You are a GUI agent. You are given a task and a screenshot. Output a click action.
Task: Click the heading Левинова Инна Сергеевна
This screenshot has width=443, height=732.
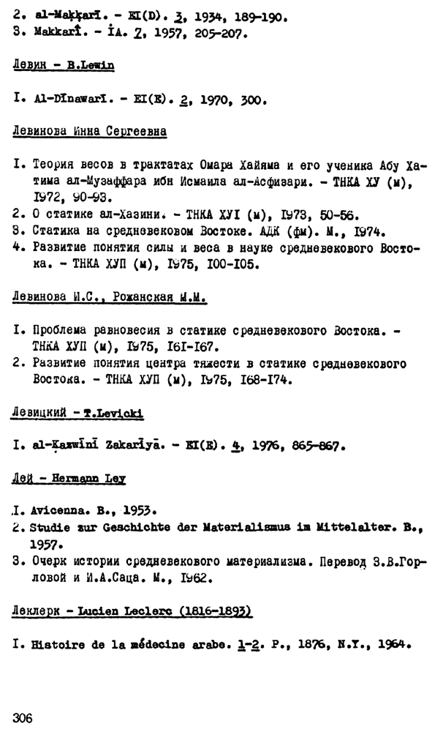tap(90, 132)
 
